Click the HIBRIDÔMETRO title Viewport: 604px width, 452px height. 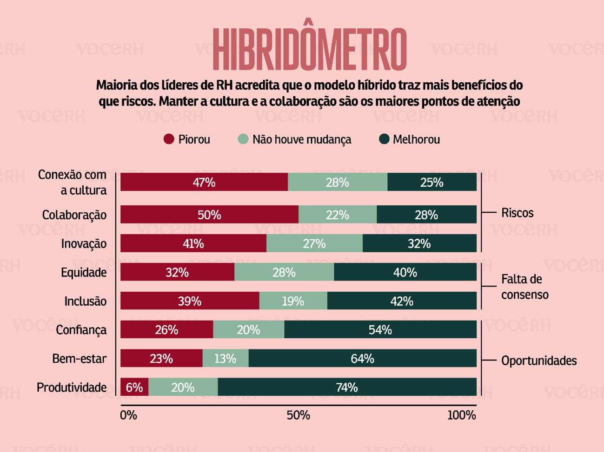[x=310, y=49]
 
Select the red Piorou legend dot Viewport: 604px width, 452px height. [x=169, y=139]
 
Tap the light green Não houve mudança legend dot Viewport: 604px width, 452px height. [x=243, y=139]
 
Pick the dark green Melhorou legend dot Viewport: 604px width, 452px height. [x=384, y=139]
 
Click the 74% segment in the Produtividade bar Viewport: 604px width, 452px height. [x=347, y=387]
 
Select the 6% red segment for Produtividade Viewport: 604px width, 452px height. [x=134, y=387]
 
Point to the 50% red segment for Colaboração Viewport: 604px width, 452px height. [x=209, y=215]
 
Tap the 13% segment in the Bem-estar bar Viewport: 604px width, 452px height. [x=226, y=358]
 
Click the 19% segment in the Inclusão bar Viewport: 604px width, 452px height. [x=293, y=301]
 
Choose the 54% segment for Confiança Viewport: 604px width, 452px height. [x=380, y=330]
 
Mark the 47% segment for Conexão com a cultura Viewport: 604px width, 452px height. [x=204, y=182]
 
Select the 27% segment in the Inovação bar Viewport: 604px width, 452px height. [x=314, y=243]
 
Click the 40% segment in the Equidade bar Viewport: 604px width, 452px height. [x=405, y=272]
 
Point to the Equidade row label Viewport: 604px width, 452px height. [x=84, y=272]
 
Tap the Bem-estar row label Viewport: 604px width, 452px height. [x=79, y=359]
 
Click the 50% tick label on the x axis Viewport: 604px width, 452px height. [x=298, y=415]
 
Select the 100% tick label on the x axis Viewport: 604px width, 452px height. [x=462, y=415]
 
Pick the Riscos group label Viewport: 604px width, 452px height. [x=517, y=213]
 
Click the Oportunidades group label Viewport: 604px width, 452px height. [x=538, y=360]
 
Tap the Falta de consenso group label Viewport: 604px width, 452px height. [x=524, y=287]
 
